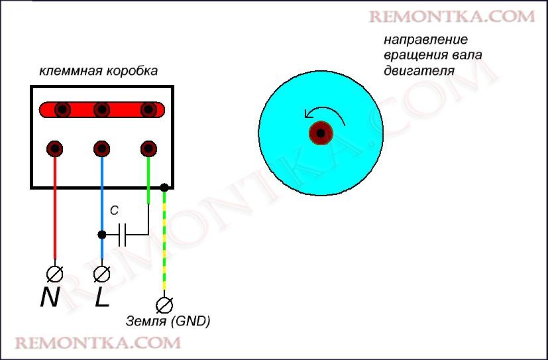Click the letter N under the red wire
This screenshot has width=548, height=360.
(50, 298)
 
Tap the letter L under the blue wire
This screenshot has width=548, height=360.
(101, 298)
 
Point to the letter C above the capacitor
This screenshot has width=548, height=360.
(114, 211)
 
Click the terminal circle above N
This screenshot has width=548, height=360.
(54, 272)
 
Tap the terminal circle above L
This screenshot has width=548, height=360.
(101, 272)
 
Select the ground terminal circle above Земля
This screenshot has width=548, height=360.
(163, 304)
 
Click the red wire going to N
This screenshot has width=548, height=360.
(54, 212)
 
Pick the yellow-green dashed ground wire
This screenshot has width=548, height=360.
(163, 245)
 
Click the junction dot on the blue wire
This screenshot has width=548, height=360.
(101, 234)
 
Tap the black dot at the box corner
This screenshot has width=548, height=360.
(163, 188)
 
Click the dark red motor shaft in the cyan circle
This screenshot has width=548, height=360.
(321, 133)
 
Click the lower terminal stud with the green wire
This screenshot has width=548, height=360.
(148, 148)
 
